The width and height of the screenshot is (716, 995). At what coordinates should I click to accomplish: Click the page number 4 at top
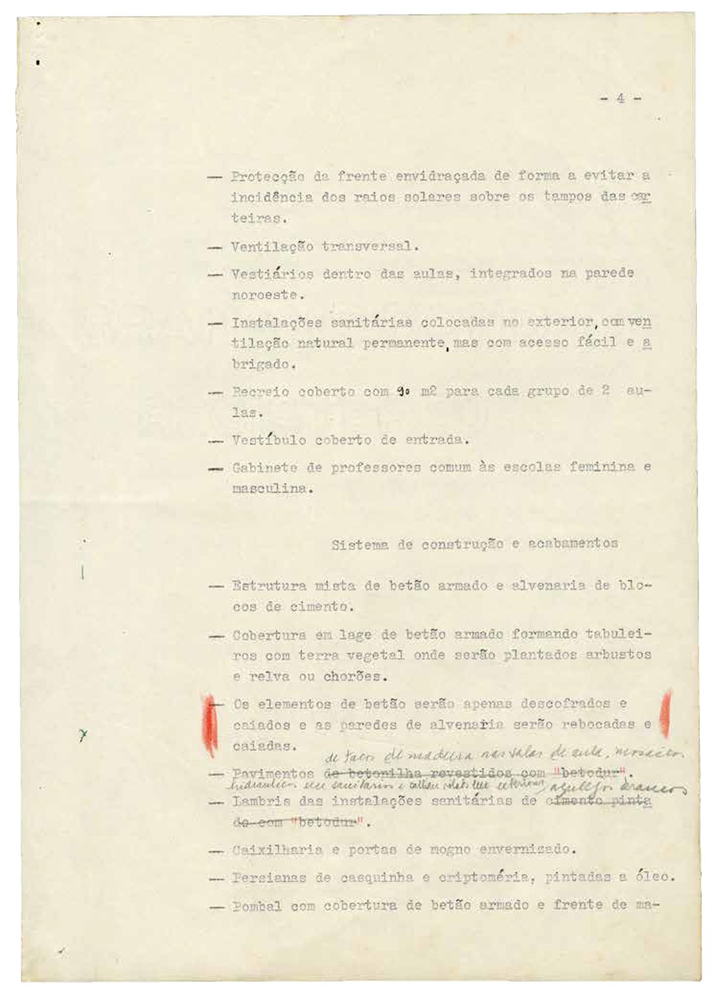tap(620, 98)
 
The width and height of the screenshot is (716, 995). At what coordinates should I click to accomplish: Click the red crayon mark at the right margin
tap(666, 714)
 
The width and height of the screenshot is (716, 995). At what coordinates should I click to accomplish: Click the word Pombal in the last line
tap(256, 906)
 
